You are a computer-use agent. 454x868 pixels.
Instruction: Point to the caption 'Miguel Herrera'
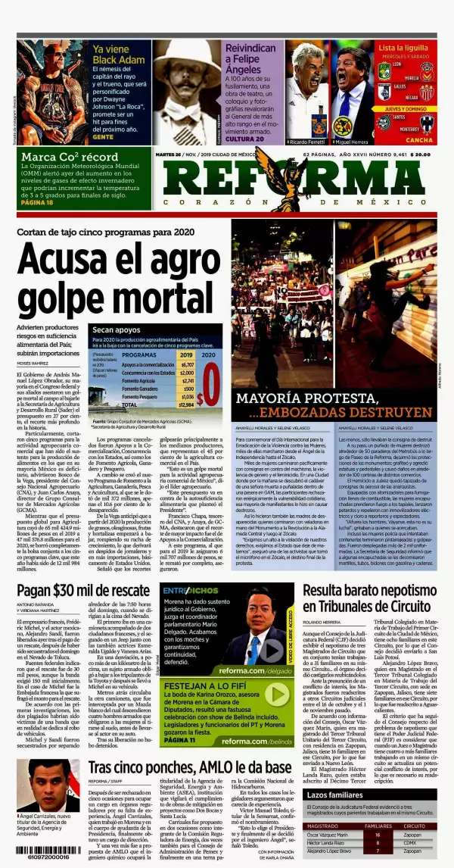[x=353, y=142]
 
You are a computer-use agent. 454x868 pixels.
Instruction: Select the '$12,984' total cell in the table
[x=186, y=404]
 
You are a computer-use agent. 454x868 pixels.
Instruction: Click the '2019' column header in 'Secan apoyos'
[x=185, y=354]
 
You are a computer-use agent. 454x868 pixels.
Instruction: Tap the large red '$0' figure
[x=210, y=386]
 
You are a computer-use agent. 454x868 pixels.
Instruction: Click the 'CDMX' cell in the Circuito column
[x=412, y=841]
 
